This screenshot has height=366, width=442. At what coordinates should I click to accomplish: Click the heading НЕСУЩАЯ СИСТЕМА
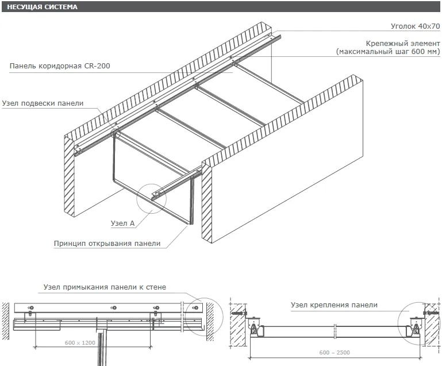tap(43, 7)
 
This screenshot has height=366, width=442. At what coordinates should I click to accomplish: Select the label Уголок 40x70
tap(415, 26)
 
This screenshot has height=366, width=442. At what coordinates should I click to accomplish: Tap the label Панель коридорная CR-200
tap(60, 66)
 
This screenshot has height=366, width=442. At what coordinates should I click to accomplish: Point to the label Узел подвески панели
tap(43, 103)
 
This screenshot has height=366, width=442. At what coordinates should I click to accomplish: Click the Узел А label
tap(122, 223)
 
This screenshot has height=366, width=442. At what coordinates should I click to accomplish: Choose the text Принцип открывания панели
tap(107, 244)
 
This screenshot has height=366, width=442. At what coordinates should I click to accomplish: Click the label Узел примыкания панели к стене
tap(105, 287)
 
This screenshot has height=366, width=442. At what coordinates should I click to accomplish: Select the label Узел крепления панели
tap(334, 305)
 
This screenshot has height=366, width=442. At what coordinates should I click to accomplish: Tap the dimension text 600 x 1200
tap(80, 342)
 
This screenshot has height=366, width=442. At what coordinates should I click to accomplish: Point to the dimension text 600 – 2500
tap(335, 352)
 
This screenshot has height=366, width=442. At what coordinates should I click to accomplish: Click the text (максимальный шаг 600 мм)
tap(388, 52)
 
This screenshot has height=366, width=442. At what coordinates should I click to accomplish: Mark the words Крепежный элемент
tap(403, 44)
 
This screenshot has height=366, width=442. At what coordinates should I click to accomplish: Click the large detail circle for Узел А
tap(151, 184)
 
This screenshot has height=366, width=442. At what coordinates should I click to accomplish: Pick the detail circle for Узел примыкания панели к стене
tap(204, 298)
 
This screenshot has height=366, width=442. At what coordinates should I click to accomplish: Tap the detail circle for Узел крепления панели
tap(398, 323)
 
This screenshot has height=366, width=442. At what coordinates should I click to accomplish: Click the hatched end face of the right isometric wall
tap(206, 202)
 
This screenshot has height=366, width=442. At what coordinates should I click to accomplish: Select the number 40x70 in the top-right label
tap(429, 26)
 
